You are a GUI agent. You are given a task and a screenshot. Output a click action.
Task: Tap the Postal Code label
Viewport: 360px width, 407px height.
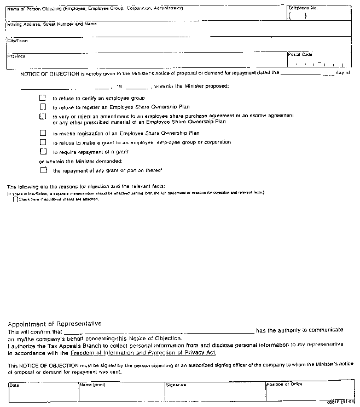point(300,55)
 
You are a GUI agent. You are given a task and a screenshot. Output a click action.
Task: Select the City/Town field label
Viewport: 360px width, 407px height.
point(18,41)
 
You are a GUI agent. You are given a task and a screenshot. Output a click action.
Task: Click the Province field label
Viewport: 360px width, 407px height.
point(16,56)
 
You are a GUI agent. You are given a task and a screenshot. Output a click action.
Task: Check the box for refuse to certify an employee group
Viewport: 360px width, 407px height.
point(43,98)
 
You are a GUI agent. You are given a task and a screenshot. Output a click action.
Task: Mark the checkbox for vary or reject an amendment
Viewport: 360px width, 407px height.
point(43,116)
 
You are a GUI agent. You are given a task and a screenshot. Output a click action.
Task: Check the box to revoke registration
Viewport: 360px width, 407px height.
point(43,133)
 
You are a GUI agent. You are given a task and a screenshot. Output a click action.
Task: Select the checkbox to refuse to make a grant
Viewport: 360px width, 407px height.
point(43,142)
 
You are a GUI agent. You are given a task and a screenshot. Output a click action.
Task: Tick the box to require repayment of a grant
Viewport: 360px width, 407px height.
point(43,151)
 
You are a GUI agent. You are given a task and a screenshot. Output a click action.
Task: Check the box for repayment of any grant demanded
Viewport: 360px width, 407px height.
point(43,170)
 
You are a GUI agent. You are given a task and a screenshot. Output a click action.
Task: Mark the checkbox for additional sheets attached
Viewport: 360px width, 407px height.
point(15,199)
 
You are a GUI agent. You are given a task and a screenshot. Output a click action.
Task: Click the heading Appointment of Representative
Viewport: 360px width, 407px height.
point(54,324)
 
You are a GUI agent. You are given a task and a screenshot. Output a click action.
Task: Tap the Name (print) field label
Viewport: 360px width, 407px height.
point(92,385)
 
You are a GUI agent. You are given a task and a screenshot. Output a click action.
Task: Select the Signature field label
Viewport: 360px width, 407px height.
point(176,385)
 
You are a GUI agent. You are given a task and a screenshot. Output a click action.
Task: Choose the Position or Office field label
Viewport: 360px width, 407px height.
point(284,385)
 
